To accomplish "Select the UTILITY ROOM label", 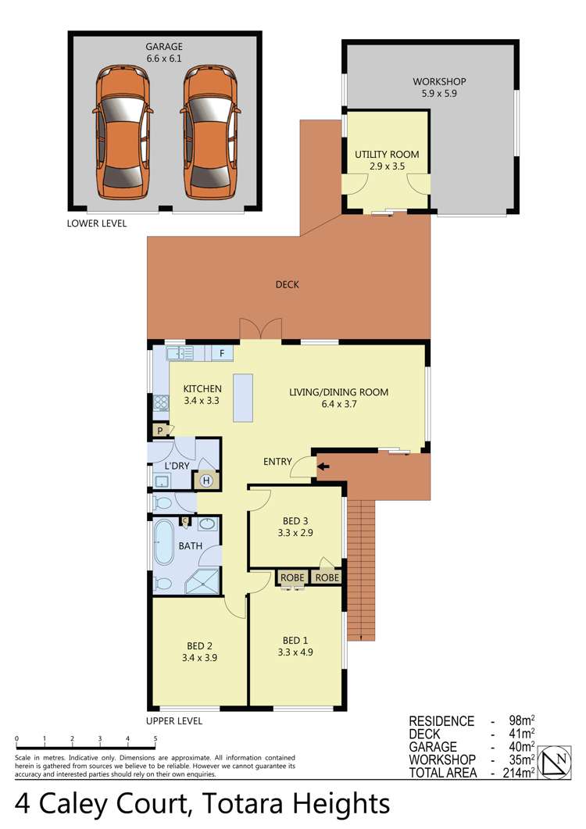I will coord(387,155).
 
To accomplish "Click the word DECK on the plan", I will coord(287,284).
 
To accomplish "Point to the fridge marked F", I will coord(222,354).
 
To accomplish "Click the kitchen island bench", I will coord(244,398).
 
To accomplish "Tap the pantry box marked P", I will coord(160,431).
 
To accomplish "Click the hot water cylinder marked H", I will coord(206,481).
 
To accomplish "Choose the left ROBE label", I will coord(292,578).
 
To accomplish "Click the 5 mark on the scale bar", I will coord(155,738).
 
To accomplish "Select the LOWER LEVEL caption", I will coord(98,223).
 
